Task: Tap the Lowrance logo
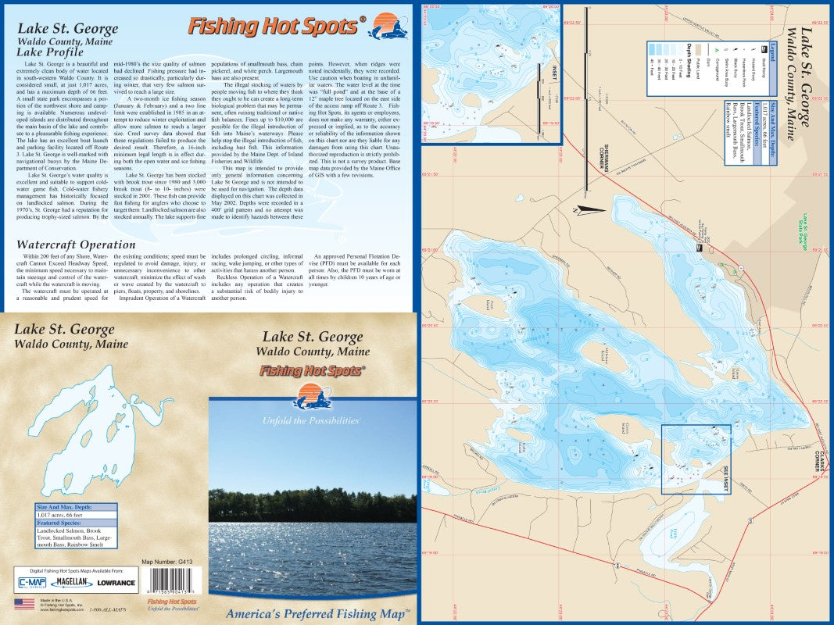[116, 582]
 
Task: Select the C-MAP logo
[30, 582]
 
